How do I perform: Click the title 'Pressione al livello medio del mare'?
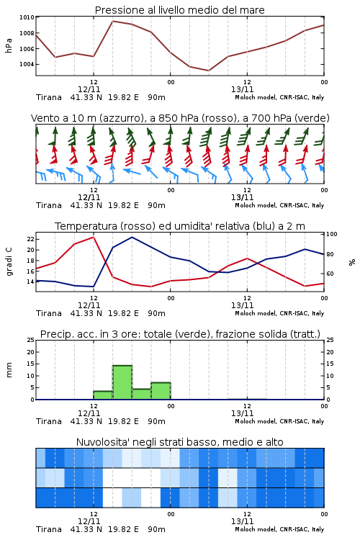(x=179, y=10)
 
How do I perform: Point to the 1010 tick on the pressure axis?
(x=27, y=17)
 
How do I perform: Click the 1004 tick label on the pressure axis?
(x=27, y=64)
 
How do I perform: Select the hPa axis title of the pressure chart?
(x=9, y=45)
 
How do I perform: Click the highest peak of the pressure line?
(x=112, y=21)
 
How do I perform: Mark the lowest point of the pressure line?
(x=208, y=71)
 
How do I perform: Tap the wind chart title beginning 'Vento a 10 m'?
(x=180, y=118)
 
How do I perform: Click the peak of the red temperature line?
(x=94, y=237)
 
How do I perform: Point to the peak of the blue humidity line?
(x=132, y=237)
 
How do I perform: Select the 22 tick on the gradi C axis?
(x=30, y=239)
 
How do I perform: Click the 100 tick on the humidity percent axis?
(x=332, y=234)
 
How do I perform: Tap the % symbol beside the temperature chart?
(x=352, y=262)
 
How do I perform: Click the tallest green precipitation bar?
(x=122, y=382)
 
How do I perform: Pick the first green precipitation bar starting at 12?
(x=103, y=395)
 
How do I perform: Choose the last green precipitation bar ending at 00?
(x=161, y=391)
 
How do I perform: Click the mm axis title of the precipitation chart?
(x=9, y=370)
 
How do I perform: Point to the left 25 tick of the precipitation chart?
(x=30, y=340)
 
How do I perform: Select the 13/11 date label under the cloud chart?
(x=242, y=521)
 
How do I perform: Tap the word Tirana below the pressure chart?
(x=48, y=97)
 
